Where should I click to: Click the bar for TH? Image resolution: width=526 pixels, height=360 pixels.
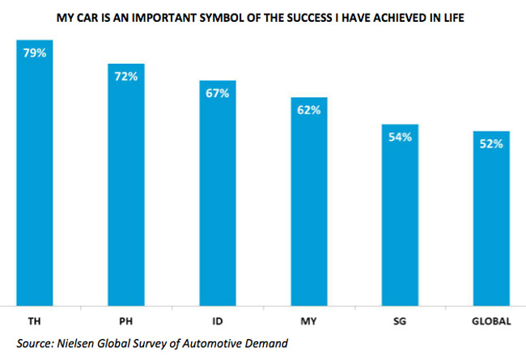coord(35,174)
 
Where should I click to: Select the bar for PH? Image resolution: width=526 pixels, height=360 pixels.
coord(126,186)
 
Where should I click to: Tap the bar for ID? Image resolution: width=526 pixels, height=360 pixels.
coord(218,194)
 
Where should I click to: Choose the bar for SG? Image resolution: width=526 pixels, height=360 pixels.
coord(400,216)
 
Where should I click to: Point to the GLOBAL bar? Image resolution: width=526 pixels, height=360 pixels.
coord(491,219)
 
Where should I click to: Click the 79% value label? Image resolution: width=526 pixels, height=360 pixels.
coord(35,53)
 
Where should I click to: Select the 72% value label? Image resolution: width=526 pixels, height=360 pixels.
coord(126,77)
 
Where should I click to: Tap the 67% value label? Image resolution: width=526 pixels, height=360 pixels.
coord(218,94)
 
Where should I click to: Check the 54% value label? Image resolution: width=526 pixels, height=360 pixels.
coord(400,138)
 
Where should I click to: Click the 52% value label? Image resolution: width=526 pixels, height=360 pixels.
coord(491,144)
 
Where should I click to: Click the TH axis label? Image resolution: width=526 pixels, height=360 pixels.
coord(35,321)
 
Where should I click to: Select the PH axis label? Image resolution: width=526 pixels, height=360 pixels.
coord(126,321)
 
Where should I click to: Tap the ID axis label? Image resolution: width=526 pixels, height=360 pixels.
coord(218,321)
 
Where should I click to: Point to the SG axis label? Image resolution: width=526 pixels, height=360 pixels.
coord(400,321)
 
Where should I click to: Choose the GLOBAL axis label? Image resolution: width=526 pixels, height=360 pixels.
coord(491,321)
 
